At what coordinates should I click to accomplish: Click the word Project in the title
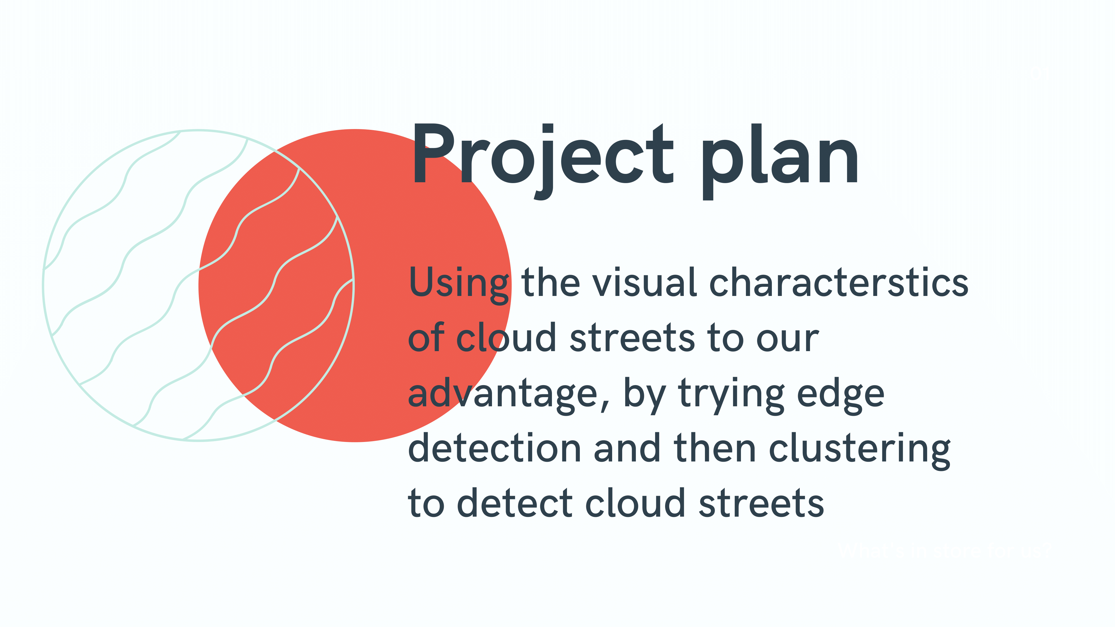coord(543,161)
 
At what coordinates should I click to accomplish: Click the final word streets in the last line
coord(761,504)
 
